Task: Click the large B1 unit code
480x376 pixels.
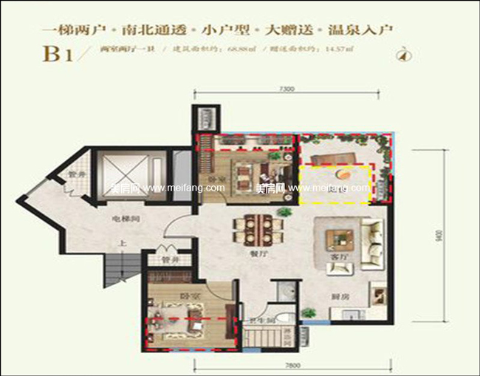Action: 58,54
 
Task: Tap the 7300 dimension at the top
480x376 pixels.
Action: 288,89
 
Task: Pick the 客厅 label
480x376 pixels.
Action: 339,257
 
